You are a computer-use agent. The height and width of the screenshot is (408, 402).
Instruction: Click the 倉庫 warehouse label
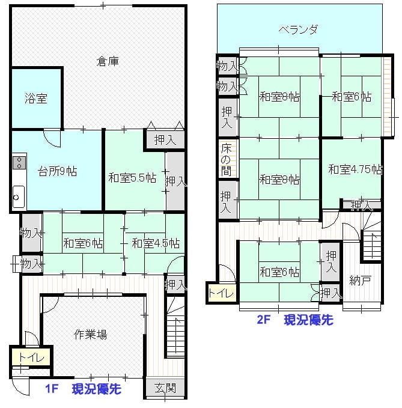pos(108,61)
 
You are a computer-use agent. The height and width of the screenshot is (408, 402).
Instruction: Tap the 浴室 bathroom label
pos(36,99)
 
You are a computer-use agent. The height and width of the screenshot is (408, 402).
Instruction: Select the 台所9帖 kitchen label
pos(57,171)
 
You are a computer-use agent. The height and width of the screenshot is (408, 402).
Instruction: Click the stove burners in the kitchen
pos(19,162)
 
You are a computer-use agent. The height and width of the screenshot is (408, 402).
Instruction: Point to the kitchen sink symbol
pos(19,196)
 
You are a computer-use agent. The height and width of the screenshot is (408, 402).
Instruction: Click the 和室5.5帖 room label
pos(132,178)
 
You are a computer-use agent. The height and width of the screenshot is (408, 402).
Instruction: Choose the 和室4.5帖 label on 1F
pos(156,243)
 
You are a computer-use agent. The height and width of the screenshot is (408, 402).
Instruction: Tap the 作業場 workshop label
pos(90,335)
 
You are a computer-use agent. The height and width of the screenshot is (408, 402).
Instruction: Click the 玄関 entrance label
pos(165,388)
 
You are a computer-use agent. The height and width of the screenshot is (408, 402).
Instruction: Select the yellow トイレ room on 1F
pos(31,358)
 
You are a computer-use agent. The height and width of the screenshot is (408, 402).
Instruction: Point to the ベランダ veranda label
pos(299,29)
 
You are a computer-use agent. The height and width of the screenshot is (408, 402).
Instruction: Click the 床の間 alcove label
pos(226,159)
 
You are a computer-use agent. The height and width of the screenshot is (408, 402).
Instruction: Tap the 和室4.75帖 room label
pos(355,169)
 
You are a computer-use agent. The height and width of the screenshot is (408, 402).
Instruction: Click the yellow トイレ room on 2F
pos(221,293)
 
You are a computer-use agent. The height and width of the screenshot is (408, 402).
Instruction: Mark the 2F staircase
pos(371,236)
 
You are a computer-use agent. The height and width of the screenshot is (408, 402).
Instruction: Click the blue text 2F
pos(264,320)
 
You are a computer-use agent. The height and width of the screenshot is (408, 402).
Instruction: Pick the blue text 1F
pos(52,389)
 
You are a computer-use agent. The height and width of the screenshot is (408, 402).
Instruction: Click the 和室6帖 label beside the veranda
pos(352,97)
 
